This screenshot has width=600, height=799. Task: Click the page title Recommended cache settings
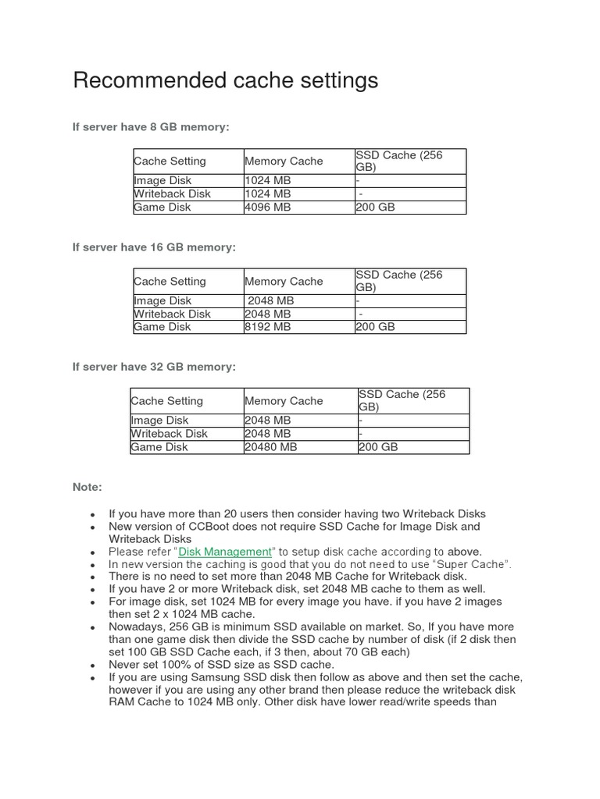pyautogui.click(x=225, y=80)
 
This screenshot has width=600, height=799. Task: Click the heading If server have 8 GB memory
pyautogui.click(x=151, y=127)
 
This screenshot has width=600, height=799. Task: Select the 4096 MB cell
pyautogui.click(x=268, y=208)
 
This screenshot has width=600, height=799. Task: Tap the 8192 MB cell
pyautogui.click(x=268, y=327)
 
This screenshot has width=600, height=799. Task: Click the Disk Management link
pyautogui.click(x=224, y=552)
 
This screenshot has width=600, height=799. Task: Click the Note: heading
pyautogui.click(x=87, y=487)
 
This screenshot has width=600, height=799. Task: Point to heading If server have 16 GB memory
pyautogui.click(x=154, y=247)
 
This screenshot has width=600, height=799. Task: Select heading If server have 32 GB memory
pyautogui.click(x=154, y=367)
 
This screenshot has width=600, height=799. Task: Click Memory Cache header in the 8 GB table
pyautogui.click(x=284, y=162)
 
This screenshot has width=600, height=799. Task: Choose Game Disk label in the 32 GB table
pyautogui.click(x=159, y=447)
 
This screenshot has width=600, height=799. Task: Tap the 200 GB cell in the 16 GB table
pyautogui.click(x=376, y=327)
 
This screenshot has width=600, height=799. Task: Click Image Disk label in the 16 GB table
pyautogui.click(x=162, y=300)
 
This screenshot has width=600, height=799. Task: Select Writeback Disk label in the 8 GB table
pyautogui.click(x=172, y=194)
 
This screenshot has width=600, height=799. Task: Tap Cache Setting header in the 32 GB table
pyautogui.click(x=167, y=401)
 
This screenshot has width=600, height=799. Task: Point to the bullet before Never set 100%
pyautogui.click(x=93, y=666)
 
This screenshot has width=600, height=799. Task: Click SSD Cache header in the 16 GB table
pyautogui.click(x=398, y=281)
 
